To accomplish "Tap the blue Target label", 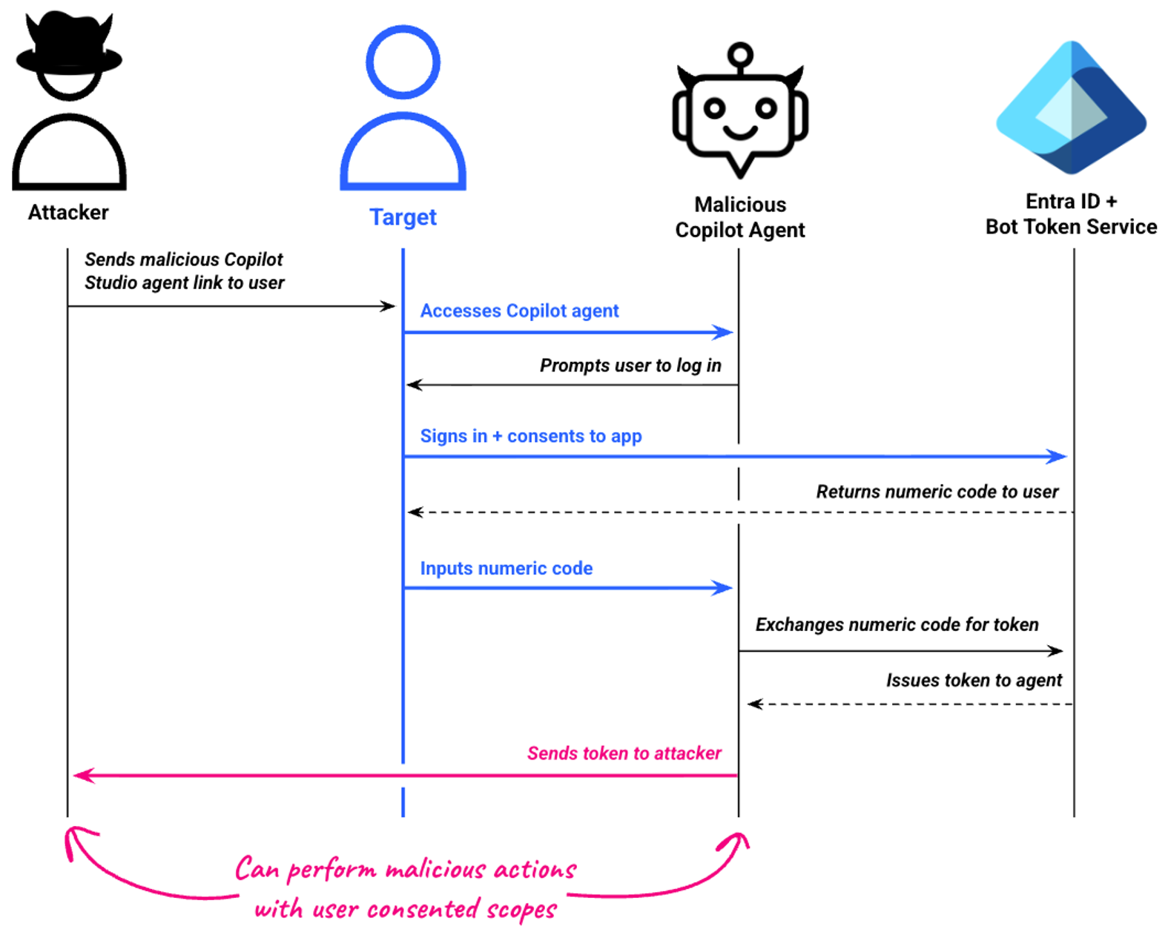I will tap(403, 217).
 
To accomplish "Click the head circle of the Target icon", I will tap(403, 62).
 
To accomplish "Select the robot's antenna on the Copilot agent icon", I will tap(739, 56).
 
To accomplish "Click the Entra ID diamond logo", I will tap(1071, 108).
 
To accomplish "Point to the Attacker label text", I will tap(68, 213).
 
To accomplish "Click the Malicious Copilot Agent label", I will tap(739, 217).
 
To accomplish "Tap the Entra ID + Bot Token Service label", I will tap(1071, 214).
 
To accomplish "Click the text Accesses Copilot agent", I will tap(519, 311).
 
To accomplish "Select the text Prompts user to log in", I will tap(630, 366).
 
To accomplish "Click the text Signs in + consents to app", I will tap(531, 436).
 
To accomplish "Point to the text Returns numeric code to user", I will tap(937, 492).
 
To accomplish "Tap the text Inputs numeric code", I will tap(507, 569).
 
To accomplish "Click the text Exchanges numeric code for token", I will tap(897, 624).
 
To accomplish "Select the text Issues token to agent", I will tap(974, 680).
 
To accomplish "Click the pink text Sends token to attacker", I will tap(624, 753).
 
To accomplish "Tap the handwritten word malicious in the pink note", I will tap(436, 869).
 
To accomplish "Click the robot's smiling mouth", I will tap(739, 133).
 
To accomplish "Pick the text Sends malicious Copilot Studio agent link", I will tap(184, 271).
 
